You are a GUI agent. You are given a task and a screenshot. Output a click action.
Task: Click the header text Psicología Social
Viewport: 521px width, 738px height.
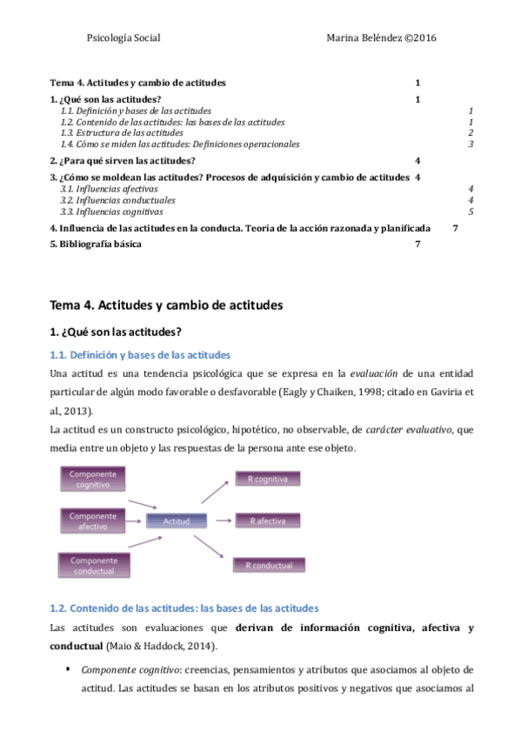point(124,38)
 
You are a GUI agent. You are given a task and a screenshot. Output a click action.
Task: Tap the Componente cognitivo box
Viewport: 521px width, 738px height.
point(93,479)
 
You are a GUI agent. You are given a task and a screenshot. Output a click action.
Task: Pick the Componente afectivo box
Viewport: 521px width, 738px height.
point(93,520)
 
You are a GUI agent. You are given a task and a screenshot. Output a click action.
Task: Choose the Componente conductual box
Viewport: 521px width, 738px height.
point(93,565)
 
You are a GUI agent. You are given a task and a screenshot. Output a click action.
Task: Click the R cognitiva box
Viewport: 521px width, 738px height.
point(268,479)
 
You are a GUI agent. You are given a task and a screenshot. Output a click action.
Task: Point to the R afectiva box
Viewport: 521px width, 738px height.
point(269,520)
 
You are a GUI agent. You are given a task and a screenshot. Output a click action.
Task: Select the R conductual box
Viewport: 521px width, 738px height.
point(269,565)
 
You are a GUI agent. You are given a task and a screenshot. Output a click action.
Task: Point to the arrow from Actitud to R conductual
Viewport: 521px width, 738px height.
point(211,547)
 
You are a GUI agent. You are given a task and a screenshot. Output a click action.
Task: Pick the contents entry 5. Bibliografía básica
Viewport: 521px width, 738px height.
point(96,244)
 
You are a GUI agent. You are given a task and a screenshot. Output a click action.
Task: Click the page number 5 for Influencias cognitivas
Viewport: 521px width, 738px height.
point(471,211)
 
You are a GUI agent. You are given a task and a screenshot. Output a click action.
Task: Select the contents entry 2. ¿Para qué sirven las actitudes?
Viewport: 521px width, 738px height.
point(123,161)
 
